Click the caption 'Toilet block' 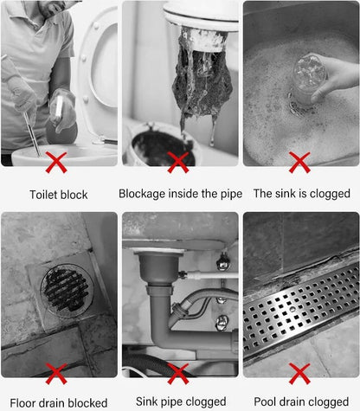(59, 195)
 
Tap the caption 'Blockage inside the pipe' (180, 194)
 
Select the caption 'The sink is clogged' (302, 194)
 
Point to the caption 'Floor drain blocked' (59, 402)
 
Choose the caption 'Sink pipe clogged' (181, 401)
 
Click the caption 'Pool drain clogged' (301, 401)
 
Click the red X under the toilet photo (56, 163)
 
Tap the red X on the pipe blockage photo (178, 163)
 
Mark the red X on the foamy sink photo (299, 163)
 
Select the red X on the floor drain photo (56, 374)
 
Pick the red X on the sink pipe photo (178, 374)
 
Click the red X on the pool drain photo (299, 374)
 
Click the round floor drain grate (67, 289)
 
